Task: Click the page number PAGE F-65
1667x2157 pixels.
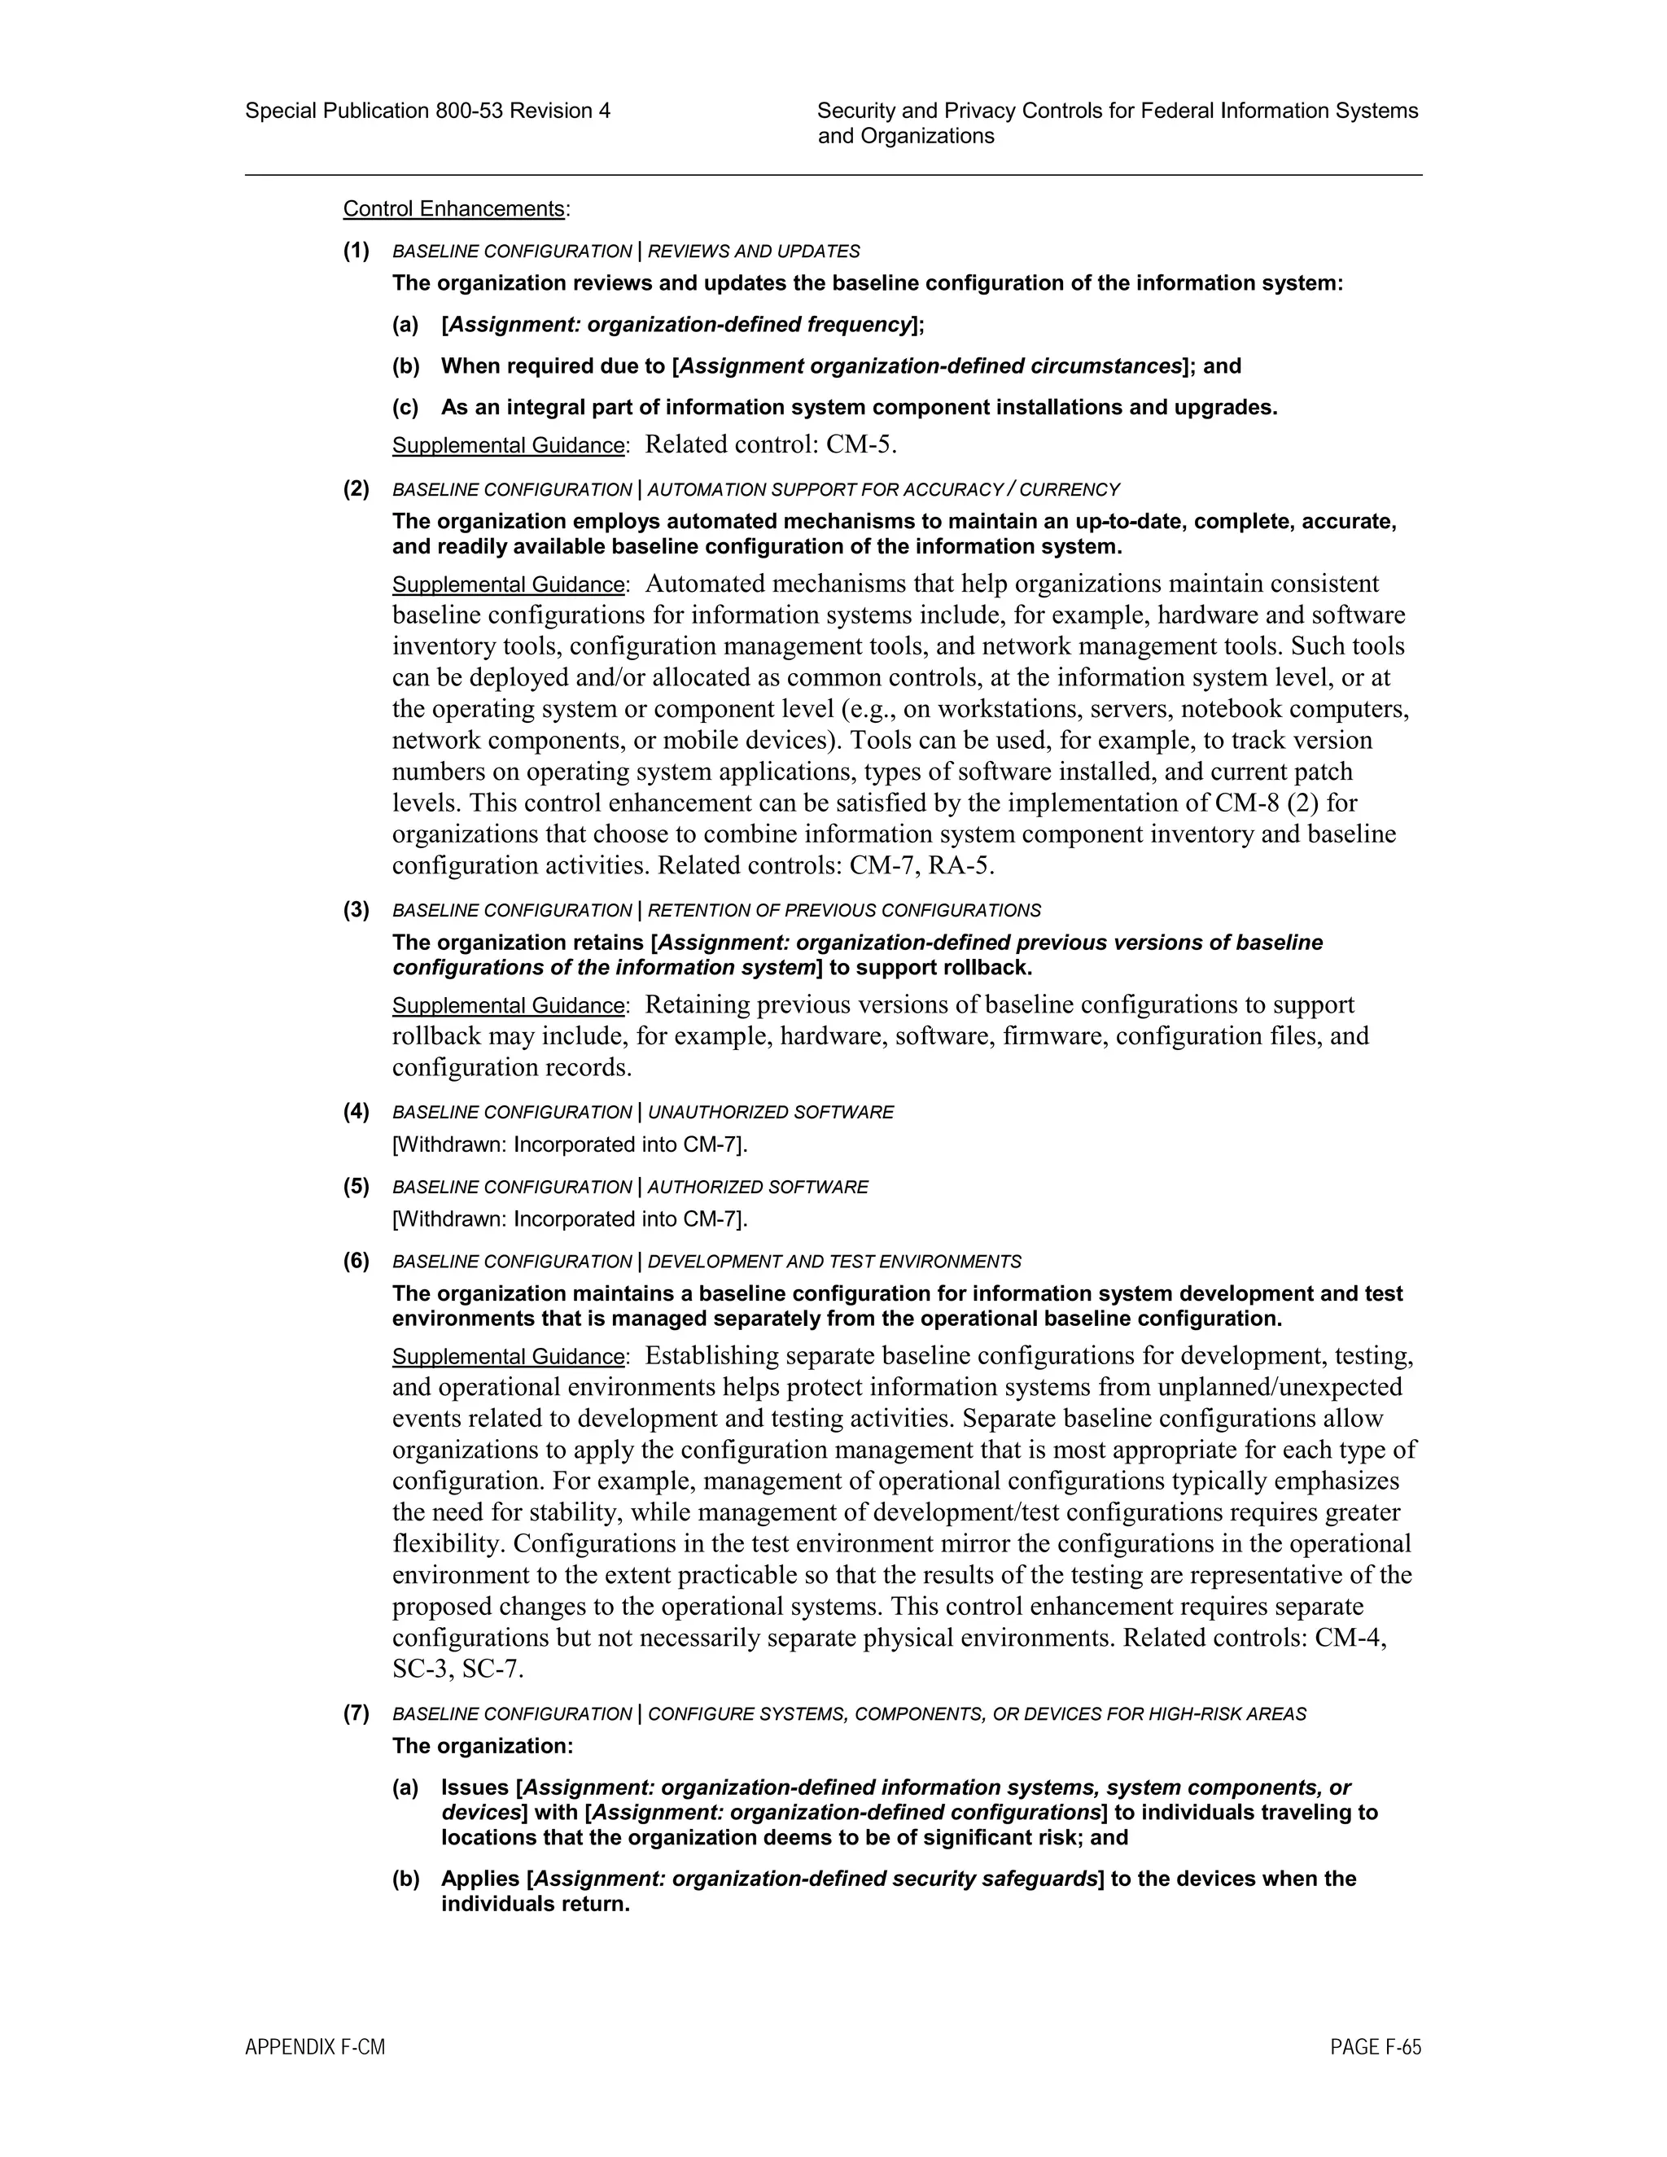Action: click(1376, 2047)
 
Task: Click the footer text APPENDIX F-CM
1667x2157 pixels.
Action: click(315, 2047)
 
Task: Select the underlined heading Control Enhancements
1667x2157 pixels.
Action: click(453, 209)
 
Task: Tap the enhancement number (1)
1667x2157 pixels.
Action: click(357, 251)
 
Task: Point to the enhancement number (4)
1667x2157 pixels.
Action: click(357, 1112)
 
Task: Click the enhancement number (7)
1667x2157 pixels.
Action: click(357, 1713)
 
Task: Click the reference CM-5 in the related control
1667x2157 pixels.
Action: click(860, 445)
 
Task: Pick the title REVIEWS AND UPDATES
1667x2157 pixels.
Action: click(754, 252)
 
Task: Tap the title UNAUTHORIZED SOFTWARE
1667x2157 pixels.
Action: click(770, 1113)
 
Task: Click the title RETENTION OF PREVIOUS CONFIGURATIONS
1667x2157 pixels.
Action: click(844, 911)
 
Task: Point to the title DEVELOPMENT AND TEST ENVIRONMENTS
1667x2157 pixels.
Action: click(834, 1262)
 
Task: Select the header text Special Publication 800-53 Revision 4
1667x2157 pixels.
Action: click(427, 111)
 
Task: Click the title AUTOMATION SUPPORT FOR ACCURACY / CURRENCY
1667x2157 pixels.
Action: click(884, 490)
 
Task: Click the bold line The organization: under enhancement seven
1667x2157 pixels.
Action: click(483, 1746)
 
